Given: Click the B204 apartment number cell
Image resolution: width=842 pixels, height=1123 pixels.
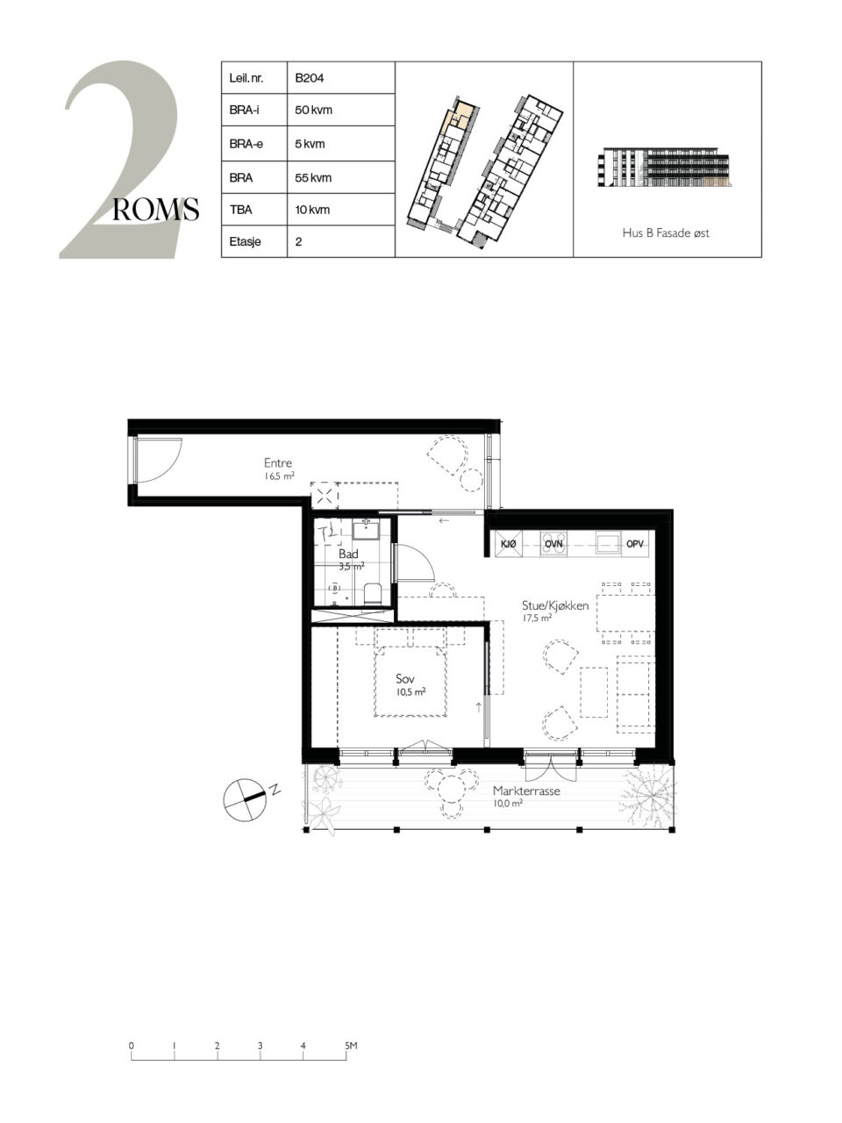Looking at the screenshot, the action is tap(310, 78).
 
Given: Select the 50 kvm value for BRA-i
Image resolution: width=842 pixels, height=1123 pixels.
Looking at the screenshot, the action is tap(313, 110).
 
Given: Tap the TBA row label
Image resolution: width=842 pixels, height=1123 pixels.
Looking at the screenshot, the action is tap(241, 210).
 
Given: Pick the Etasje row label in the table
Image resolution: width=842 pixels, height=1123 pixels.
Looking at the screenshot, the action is tap(246, 241).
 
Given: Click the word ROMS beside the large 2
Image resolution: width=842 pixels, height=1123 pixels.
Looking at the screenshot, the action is tap(155, 210).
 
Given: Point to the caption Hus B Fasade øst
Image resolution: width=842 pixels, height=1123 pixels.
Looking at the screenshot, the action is tap(666, 232).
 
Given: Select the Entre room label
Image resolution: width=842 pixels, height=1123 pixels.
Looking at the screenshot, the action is tap(278, 463).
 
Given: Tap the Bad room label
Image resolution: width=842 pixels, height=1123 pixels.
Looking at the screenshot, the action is tap(348, 554).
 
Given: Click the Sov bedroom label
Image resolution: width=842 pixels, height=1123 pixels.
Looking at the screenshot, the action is tap(405, 679).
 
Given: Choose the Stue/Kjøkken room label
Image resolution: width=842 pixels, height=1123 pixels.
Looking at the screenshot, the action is tap(555, 605).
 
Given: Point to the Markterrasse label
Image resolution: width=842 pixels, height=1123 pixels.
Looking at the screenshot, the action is tap(526, 791).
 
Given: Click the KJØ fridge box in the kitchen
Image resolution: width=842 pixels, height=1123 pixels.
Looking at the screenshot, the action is tap(509, 544).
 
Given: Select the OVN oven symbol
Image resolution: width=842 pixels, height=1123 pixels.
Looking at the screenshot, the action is tap(553, 544).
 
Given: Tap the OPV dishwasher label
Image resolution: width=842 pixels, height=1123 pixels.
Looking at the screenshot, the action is tap(635, 544).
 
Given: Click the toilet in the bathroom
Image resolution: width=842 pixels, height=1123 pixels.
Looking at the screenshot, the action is tap(372, 593).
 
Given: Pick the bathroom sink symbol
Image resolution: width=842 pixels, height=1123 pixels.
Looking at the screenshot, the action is tap(365, 529).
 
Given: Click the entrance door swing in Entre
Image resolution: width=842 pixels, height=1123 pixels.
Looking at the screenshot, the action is tap(160, 460).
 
